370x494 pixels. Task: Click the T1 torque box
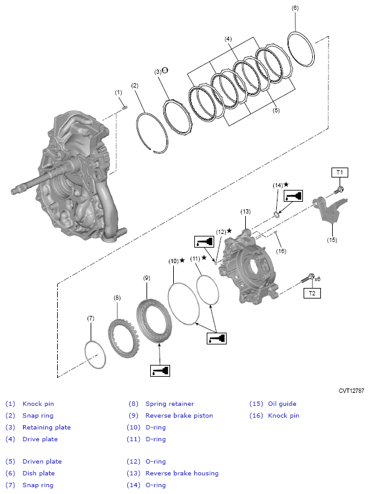click(x=340, y=172)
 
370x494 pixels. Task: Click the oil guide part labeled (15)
click(x=330, y=211)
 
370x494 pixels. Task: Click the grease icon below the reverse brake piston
click(x=160, y=370)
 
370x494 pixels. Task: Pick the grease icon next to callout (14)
click(x=292, y=196)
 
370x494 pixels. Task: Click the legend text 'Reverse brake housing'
click(x=182, y=473)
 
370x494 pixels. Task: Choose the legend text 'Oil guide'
click(x=282, y=403)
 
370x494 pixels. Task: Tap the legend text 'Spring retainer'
click(x=169, y=403)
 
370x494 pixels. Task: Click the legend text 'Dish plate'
click(x=38, y=473)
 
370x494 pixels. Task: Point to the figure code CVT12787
click(x=351, y=390)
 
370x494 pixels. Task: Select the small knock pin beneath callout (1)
click(x=125, y=107)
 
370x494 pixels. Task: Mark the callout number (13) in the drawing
click(x=245, y=211)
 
